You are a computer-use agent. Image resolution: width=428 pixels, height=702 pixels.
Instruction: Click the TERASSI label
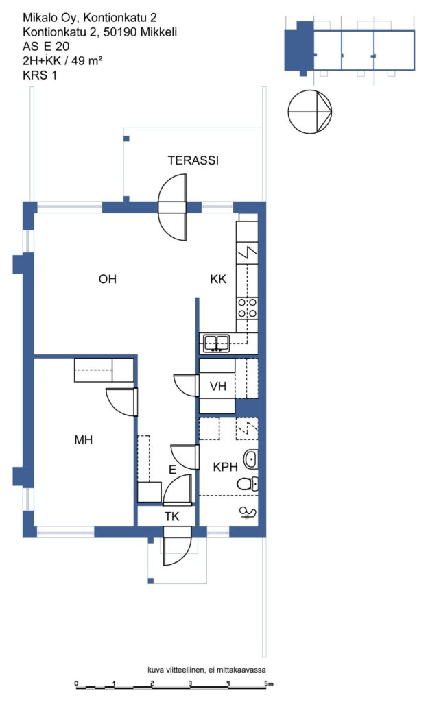(x=193, y=160)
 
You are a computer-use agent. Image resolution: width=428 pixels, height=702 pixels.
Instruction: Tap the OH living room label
(x=108, y=280)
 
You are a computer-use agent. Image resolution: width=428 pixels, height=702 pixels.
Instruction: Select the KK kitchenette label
(x=218, y=280)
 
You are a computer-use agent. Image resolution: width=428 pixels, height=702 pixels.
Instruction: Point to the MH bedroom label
(x=83, y=440)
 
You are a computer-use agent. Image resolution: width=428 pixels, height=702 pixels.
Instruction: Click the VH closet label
(x=218, y=386)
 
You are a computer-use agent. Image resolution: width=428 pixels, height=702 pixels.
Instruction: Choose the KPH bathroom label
(x=225, y=468)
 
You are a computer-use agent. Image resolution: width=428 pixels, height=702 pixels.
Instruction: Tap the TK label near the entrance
(x=171, y=517)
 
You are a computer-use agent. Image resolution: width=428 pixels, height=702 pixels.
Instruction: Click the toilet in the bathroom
(x=248, y=483)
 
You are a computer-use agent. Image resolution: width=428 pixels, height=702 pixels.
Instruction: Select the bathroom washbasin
(x=250, y=459)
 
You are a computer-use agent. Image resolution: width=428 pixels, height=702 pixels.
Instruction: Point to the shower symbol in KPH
(x=248, y=513)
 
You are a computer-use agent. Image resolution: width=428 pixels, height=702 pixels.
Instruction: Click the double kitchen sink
(x=217, y=343)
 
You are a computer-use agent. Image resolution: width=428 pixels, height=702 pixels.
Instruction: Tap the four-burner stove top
(x=247, y=308)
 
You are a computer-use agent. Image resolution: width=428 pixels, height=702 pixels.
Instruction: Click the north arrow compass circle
(x=309, y=112)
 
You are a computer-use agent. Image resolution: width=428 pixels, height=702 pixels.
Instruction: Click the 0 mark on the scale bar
(x=77, y=683)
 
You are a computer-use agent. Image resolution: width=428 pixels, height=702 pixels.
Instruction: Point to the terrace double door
(x=172, y=207)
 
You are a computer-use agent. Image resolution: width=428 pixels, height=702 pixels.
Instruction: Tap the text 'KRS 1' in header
(x=40, y=75)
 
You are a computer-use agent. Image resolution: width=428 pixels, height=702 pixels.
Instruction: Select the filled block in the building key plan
(x=299, y=47)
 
